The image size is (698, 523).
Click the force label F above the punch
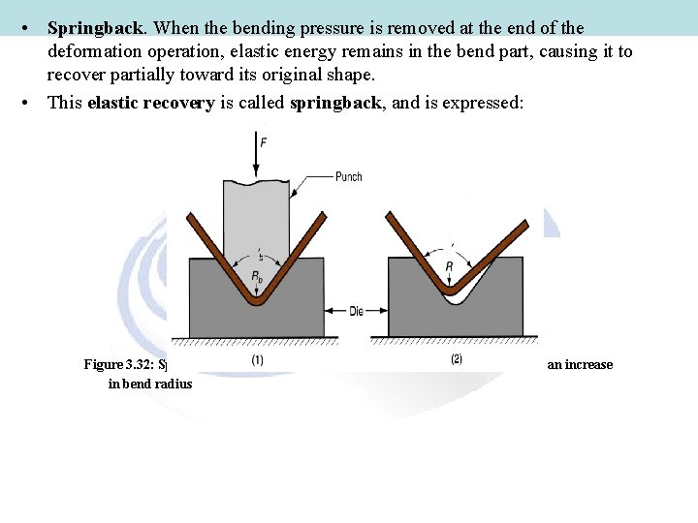click(264, 143)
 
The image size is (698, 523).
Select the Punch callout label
click(349, 176)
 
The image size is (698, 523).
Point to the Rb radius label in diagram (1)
click(257, 277)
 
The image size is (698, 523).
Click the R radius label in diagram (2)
click(448, 266)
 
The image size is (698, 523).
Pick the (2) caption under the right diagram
click(457, 359)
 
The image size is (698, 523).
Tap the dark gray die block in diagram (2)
click(494, 310)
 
